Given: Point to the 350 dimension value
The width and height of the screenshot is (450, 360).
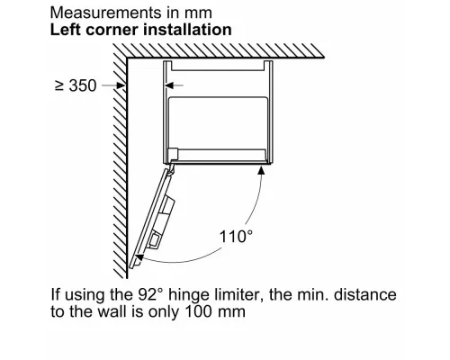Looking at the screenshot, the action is [x=83, y=85].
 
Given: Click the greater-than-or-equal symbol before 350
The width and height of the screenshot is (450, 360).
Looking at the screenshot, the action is [x=59, y=85].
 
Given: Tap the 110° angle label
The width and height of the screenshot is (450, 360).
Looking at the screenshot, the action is [x=236, y=236].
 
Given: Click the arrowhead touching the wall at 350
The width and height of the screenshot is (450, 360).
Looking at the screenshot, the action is [x=121, y=85].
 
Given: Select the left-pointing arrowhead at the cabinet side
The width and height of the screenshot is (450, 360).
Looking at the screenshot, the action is [x=169, y=85].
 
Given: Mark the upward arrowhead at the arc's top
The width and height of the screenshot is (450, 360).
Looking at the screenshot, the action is [x=261, y=170].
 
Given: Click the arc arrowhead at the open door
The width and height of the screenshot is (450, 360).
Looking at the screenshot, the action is [x=139, y=257].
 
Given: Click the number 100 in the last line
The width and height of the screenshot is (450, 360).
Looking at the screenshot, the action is [x=198, y=311].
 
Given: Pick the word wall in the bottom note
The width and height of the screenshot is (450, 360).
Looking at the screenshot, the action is [x=113, y=311].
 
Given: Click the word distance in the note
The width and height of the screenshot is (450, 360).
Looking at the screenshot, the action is [x=365, y=294].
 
